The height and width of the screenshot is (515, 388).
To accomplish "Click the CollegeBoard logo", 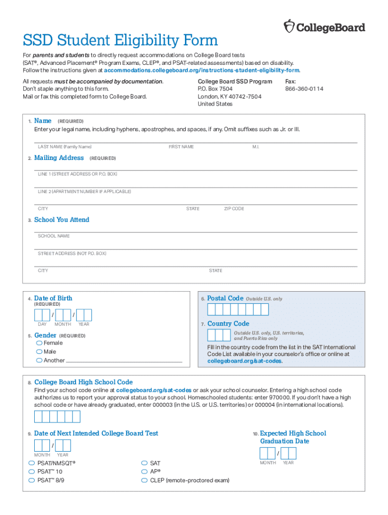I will click(325, 27).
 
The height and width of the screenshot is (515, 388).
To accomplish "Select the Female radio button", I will click(39, 343).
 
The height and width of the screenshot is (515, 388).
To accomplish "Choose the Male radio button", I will click(39, 352).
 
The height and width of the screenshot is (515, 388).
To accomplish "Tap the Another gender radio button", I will click(39, 360).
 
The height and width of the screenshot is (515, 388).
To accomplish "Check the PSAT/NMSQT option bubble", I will click(32, 463).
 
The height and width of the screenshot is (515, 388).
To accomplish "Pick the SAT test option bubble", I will click(145, 463).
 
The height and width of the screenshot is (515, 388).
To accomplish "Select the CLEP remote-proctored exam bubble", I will click(145, 480).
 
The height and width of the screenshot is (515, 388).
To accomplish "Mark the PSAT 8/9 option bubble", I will click(32, 480).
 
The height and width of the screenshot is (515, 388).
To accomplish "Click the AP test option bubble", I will click(145, 472).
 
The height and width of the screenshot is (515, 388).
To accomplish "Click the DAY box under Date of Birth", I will click(42, 315).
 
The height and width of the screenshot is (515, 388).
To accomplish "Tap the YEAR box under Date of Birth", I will click(84, 315).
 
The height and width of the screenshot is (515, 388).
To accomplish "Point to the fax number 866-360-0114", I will click(304, 89).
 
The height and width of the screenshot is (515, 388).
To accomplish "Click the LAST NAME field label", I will click(64, 147).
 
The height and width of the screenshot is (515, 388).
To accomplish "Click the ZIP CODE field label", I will click(234, 209).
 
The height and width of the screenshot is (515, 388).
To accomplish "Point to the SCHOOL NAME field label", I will click(54, 236).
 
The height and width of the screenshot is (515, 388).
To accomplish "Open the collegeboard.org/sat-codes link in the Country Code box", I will click(245, 361).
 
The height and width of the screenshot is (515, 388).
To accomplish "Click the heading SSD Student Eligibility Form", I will click(120, 40).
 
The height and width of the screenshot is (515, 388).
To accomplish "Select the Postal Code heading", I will click(225, 298).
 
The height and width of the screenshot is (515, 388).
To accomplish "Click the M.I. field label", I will click(255, 147).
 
